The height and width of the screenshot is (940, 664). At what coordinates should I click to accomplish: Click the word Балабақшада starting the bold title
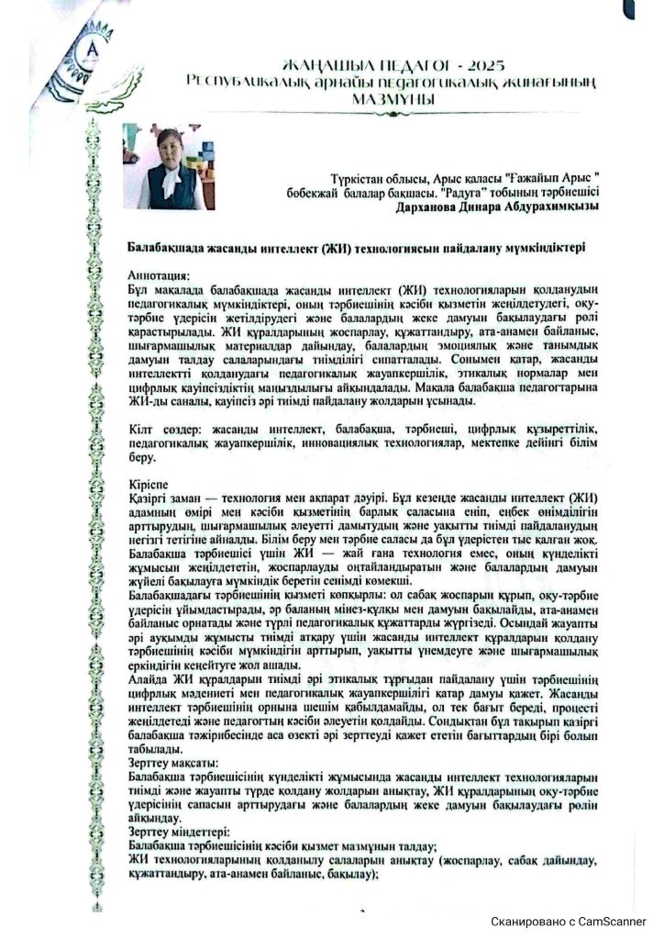[x=171, y=247]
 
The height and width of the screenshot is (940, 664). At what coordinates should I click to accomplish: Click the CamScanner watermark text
[x=569, y=921]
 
